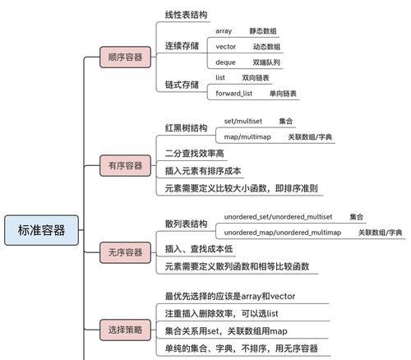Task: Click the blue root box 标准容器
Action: (42, 230)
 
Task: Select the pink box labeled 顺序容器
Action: (125, 57)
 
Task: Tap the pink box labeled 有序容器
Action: (125, 165)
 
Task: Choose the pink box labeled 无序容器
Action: (125, 252)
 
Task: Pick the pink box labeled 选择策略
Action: (125, 330)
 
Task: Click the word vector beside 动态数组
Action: (226, 47)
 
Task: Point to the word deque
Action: (225, 62)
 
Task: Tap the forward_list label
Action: (234, 94)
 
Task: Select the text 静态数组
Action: (263, 31)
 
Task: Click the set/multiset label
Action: (243, 121)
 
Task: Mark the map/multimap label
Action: (247, 136)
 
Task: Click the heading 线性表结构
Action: (186, 15)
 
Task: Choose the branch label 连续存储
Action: (182, 46)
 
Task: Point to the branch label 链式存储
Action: (182, 85)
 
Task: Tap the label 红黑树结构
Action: (186, 128)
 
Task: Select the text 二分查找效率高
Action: (195, 153)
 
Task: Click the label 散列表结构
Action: (186, 224)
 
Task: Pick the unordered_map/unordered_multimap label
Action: (283, 233)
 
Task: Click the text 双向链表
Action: (256, 78)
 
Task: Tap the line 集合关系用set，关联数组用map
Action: (226, 331)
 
